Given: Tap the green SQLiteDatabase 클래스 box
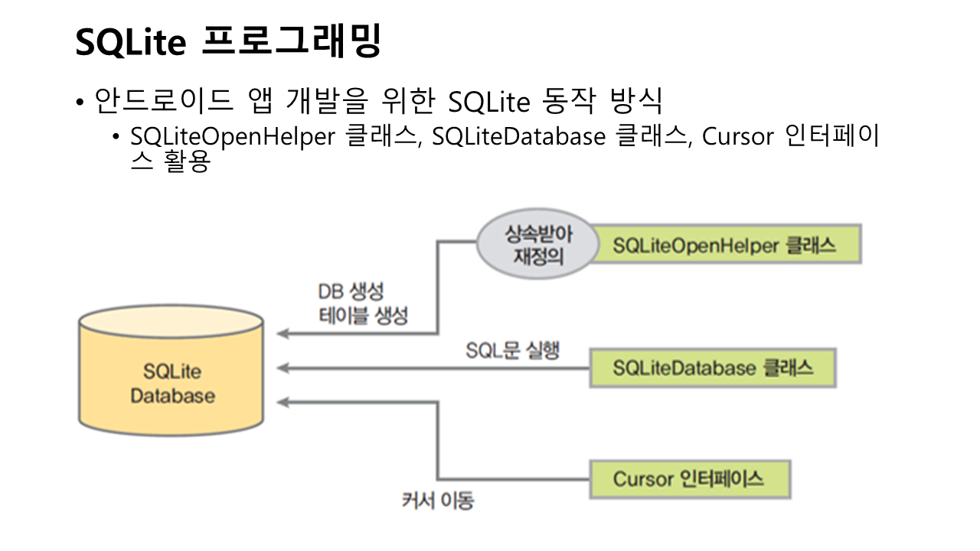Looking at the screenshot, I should pyautogui.click(x=713, y=368).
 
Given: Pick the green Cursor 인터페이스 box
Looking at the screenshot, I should pyautogui.click(x=688, y=480).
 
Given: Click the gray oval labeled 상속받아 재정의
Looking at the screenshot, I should pyautogui.click(x=537, y=244).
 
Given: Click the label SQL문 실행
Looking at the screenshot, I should pyautogui.click(x=513, y=351).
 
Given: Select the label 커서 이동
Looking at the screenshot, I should pyautogui.click(x=438, y=501).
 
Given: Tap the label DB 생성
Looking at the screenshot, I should pyautogui.click(x=351, y=292).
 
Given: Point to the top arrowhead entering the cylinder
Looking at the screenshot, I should pyautogui.click(x=282, y=334).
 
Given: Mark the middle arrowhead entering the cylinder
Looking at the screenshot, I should pyautogui.click(x=282, y=369).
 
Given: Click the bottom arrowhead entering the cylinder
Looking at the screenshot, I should pyautogui.click(x=282, y=401).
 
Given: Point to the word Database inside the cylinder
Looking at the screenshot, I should pyautogui.click(x=172, y=396).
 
